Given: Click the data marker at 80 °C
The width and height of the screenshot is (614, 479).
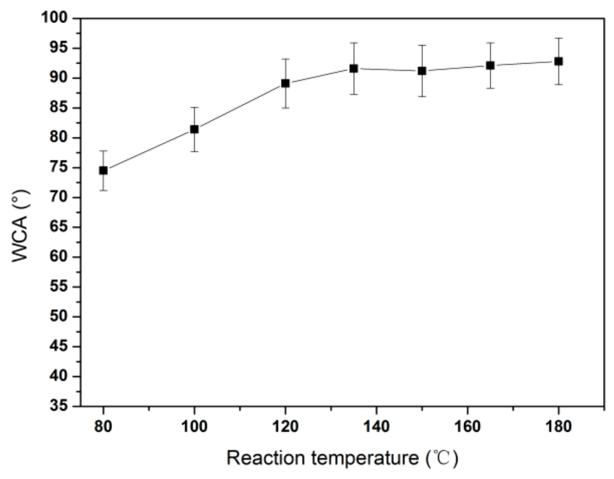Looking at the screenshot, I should (x=103, y=170).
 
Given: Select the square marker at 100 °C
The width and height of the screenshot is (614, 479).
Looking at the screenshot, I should (x=194, y=129).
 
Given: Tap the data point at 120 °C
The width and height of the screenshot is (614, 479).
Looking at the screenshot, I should (x=285, y=83).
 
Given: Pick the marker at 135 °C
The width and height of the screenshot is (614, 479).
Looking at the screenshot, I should (x=354, y=68).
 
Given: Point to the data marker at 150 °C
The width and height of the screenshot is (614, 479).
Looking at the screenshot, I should (x=422, y=71).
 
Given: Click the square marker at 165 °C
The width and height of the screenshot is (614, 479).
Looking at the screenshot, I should (x=490, y=66).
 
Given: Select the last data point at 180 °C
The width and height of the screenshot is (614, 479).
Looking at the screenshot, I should (x=559, y=61).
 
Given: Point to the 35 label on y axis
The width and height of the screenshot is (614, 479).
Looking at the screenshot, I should (x=59, y=406).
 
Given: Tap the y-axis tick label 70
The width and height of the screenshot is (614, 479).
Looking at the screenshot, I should (x=59, y=197).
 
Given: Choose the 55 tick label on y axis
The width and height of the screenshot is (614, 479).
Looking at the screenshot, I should (x=59, y=287).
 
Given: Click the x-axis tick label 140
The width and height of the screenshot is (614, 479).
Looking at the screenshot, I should (x=376, y=427).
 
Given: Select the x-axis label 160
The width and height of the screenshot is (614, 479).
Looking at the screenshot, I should (x=467, y=427).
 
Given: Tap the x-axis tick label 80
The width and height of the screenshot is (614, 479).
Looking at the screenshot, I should (x=103, y=427).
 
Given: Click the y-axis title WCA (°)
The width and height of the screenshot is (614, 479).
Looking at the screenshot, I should (x=20, y=226).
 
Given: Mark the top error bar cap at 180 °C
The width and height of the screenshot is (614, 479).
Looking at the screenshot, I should (x=559, y=38).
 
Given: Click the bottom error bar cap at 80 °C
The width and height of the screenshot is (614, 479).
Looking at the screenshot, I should (x=103, y=190).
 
